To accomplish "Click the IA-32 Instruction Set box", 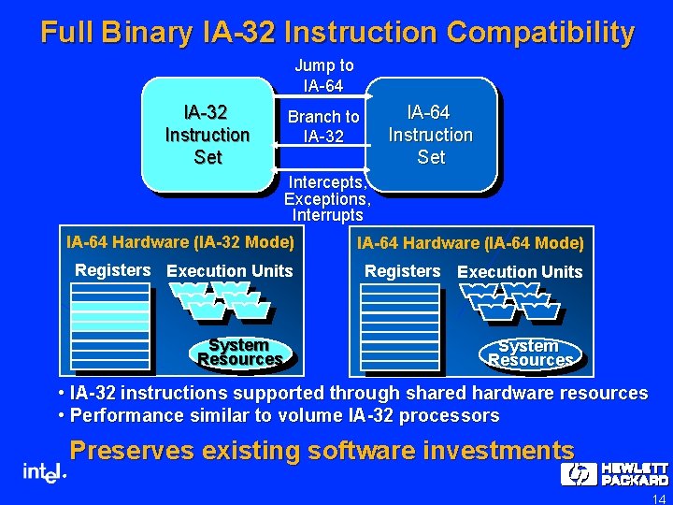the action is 207,134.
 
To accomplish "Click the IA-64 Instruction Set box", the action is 431,134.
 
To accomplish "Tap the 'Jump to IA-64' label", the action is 323,76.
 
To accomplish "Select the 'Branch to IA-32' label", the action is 323,126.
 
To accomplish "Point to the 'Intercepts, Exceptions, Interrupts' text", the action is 327,198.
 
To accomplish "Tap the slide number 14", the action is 658,498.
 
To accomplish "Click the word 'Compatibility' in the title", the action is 540,33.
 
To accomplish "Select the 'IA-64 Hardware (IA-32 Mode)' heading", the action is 180,243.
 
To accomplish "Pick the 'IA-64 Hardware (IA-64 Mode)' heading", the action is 470,244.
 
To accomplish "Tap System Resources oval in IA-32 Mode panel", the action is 239,353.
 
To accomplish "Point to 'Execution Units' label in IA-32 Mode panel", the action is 229,271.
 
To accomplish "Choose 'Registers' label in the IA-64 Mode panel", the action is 402,271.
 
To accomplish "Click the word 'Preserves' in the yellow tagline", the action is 132,451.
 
